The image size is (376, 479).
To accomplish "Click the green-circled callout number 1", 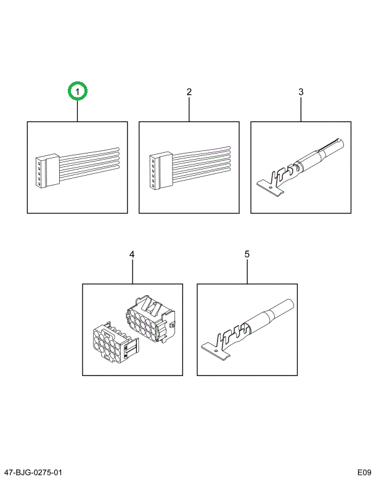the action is point(78,91).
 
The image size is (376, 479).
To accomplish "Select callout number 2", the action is point(189,92).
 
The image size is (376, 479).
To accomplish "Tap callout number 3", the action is point(301,92).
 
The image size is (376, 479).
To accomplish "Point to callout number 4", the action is point(132,254).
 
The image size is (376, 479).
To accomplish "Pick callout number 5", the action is point(247,254).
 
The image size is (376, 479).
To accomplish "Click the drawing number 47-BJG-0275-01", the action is point(33,472).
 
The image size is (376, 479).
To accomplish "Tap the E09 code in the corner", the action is point(365,472).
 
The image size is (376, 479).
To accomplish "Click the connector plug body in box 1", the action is point(47,171).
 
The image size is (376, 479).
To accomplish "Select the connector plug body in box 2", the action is point(161,170).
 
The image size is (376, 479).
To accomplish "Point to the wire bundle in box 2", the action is point(202,164).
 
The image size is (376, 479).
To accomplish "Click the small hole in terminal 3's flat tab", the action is point(270,186).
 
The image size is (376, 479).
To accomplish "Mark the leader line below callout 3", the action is point(301,109).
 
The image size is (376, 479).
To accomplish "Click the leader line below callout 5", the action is point(247,272).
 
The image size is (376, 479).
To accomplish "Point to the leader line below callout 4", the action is point(133,272).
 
